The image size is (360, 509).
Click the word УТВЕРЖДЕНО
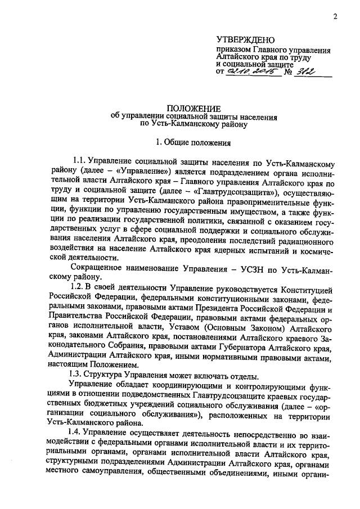(x=245, y=40)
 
